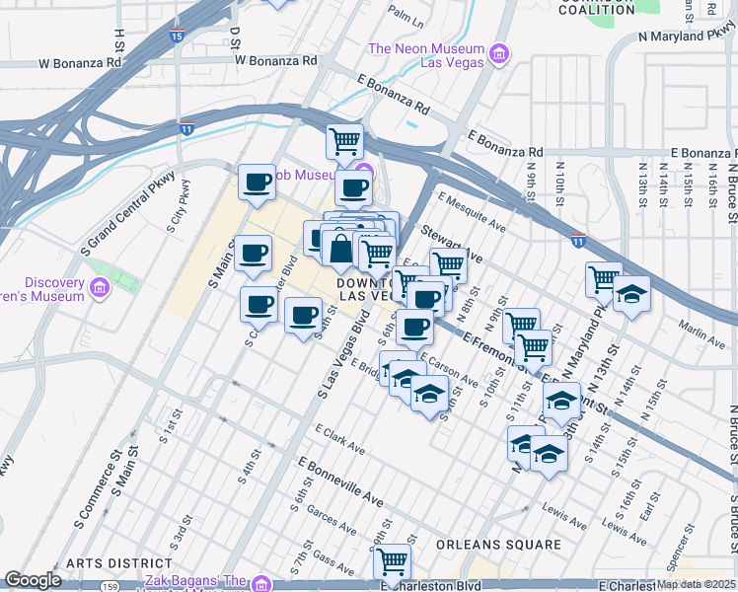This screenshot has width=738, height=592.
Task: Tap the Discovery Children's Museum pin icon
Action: [x=99, y=288]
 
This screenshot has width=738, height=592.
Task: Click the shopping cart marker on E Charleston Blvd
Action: [x=392, y=561]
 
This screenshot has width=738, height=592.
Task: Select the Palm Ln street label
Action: [x=406, y=16]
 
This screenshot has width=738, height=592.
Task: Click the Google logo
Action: [x=33, y=580]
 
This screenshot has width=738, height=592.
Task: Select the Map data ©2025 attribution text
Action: [x=696, y=584]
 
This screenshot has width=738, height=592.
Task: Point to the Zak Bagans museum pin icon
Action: [x=260, y=583]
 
